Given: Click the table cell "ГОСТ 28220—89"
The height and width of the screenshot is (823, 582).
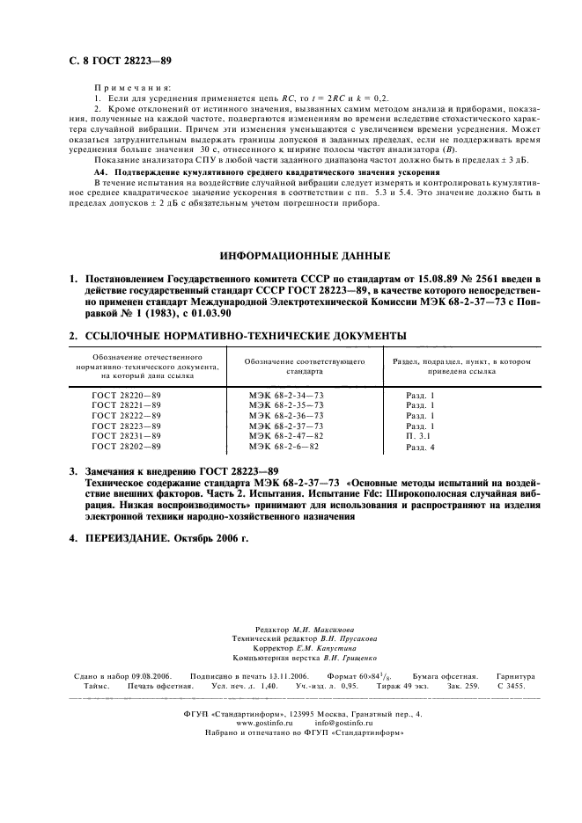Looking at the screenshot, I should tap(127, 396).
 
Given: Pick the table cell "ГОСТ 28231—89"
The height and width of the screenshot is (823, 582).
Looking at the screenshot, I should tap(127, 435).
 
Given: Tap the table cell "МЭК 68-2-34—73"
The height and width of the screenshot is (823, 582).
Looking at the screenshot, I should tap(286, 396).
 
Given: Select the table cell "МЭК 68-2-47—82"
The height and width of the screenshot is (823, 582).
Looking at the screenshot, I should tap(286, 435).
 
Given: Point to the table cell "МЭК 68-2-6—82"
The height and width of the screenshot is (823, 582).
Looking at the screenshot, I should tap(284, 447).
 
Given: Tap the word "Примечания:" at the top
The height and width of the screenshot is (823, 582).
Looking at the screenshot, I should tap(130, 89).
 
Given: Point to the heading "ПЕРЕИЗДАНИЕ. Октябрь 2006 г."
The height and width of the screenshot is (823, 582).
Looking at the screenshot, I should tap(167, 537).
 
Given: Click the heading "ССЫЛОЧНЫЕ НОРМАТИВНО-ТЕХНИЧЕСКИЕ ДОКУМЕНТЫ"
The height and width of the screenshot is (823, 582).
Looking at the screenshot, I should tap(245, 335).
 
